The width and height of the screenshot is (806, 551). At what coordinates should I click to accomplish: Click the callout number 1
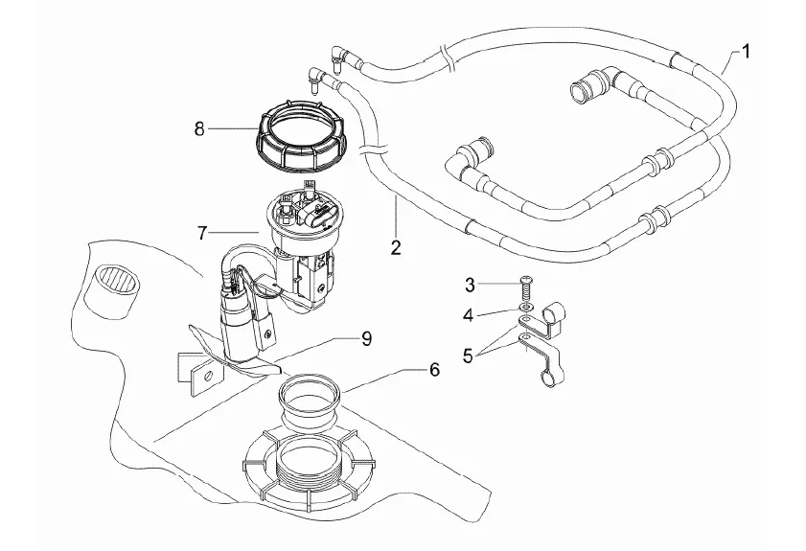pos(745,52)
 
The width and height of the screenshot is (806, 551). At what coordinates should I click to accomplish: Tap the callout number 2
pos(395,248)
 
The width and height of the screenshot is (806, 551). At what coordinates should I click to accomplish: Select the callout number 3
pos(470,285)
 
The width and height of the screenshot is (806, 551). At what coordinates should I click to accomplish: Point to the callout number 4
pos(468,314)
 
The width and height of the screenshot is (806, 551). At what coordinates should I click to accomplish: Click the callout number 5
pos(468,356)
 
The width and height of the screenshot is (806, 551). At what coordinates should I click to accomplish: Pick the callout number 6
pos(434,369)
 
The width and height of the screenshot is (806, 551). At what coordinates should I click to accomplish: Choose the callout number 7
pos(202,234)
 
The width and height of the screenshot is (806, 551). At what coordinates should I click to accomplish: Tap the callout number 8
pos(199,129)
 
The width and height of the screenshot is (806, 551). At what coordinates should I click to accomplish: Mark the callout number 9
pos(366,339)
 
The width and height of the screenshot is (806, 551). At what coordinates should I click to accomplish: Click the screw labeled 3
pos(526,290)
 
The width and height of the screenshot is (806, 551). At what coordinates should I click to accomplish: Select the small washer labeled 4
pos(525,308)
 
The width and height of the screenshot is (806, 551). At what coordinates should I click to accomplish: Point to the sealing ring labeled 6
pos(310,402)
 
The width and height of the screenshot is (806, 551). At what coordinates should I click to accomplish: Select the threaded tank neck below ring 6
pos(309,460)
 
